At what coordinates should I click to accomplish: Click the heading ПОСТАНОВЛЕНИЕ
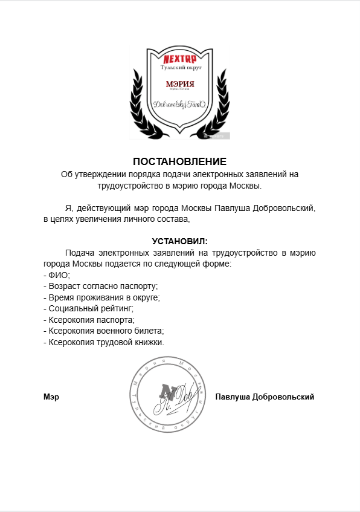pyautogui.click(x=179, y=162)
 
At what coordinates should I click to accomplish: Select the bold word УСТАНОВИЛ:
pyautogui.click(x=179, y=241)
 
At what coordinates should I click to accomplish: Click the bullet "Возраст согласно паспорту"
pyautogui.click(x=100, y=286)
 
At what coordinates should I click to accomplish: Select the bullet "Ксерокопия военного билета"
pyautogui.click(x=104, y=331)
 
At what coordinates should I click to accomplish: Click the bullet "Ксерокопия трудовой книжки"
pyautogui.click(x=104, y=342)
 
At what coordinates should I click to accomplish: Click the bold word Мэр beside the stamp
pyautogui.click(x=51, y=397)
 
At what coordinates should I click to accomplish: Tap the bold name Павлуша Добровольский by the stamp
pyautogui.click(x=265, y=397)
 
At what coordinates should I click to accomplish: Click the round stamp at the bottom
pyautogui.click(x=170, y=395)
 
